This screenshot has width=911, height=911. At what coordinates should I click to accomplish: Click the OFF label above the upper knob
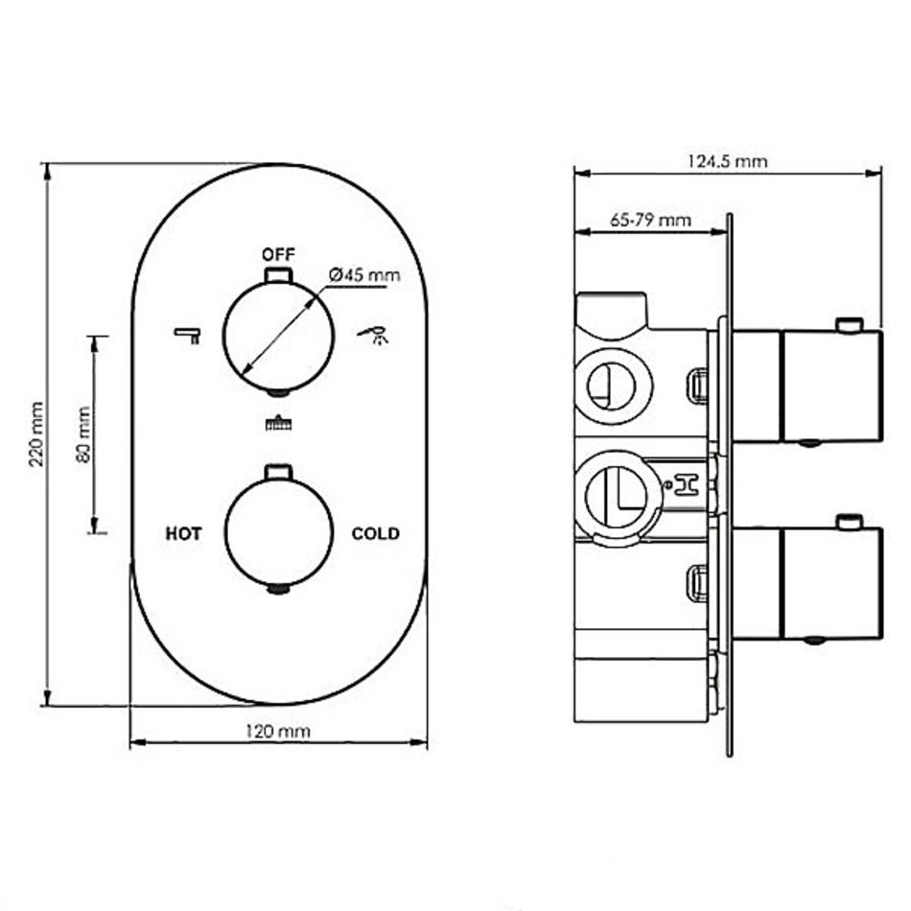[x=278, y=254]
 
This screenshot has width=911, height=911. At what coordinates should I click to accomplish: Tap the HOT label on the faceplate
[x=183, y=533]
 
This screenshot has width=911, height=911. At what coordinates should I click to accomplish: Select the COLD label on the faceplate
[x=375, y=533]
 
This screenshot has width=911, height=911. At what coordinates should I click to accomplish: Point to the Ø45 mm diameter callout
[x=364, y=274]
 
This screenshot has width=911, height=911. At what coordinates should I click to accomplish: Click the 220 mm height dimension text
[x=36, y=434]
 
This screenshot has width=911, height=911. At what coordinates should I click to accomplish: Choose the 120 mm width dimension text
[x=278, y=731]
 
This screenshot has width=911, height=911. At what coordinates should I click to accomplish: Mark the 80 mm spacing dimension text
[x=83, y=434]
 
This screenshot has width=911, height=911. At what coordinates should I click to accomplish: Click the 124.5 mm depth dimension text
[x=728, y=161]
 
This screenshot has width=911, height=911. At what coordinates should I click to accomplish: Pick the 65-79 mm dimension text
[x=651, y=221]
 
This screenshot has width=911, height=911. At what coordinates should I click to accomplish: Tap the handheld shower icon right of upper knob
[x=374, y=336]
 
